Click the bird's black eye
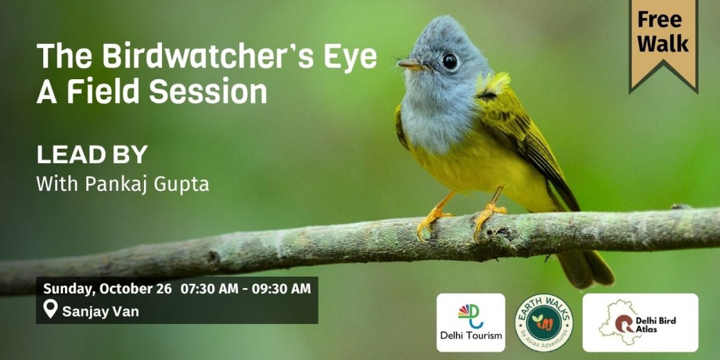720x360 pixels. (449, 61)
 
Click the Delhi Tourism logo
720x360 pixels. (471, 322)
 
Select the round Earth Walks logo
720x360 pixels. (544, 323)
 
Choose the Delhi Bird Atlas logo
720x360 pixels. (640, 322)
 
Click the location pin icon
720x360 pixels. (50, 309)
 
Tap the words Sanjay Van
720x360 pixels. (101, 312)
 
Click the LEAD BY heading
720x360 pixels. (92, 155)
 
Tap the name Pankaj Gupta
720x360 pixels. (147, 185)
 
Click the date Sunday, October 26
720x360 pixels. (107, 289)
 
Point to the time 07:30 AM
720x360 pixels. (210, 289)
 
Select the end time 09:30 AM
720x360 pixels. (281, 289)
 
